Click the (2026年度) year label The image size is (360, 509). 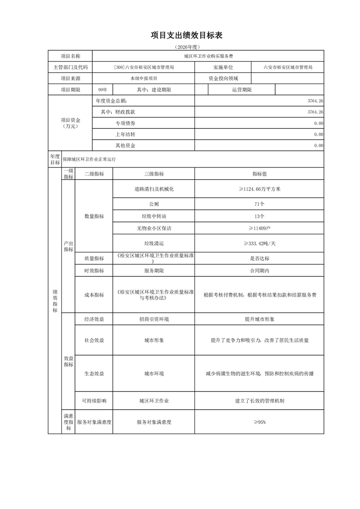186,47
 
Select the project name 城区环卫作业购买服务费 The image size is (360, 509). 208,56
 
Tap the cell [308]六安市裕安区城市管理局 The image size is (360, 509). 143,67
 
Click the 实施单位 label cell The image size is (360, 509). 223,67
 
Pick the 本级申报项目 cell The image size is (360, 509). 143,78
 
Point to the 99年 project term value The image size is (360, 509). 102,90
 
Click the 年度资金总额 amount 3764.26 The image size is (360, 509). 315,101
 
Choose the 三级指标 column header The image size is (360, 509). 153,174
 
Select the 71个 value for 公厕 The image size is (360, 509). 259,204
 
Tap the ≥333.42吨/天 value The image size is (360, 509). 259,243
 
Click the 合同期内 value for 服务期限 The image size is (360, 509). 259,270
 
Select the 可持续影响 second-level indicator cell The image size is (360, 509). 94,401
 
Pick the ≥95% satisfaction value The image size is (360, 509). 259,422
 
